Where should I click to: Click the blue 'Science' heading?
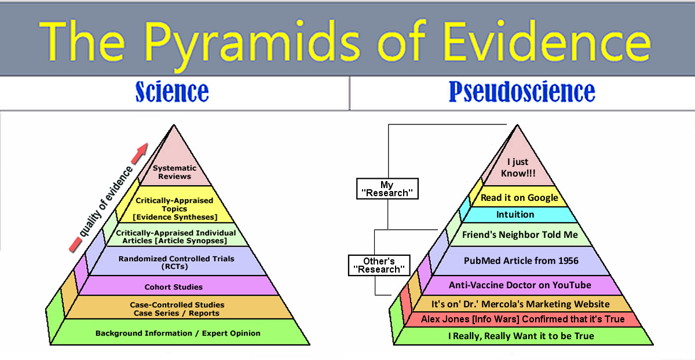click(172, 92)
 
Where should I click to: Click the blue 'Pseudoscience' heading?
click(522, 92)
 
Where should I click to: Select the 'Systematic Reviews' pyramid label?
click(175, 172)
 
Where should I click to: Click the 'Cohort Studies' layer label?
click(173, 287)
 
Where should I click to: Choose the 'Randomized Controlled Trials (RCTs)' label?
click(176, 263)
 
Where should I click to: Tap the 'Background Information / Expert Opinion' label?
click(178, 333)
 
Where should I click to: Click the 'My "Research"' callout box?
click(387, 189)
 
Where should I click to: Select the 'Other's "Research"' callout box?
click(379, 266)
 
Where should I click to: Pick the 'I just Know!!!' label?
click(518, 167)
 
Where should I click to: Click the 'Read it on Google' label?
click(520, 197)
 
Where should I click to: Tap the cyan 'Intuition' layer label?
click(515, 215)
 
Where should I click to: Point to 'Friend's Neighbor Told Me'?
click(520, 235)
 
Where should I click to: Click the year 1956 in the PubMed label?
click(568, 261)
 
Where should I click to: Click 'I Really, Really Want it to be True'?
click(521, 336)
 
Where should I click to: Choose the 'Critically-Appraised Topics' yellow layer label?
click(174, 205)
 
